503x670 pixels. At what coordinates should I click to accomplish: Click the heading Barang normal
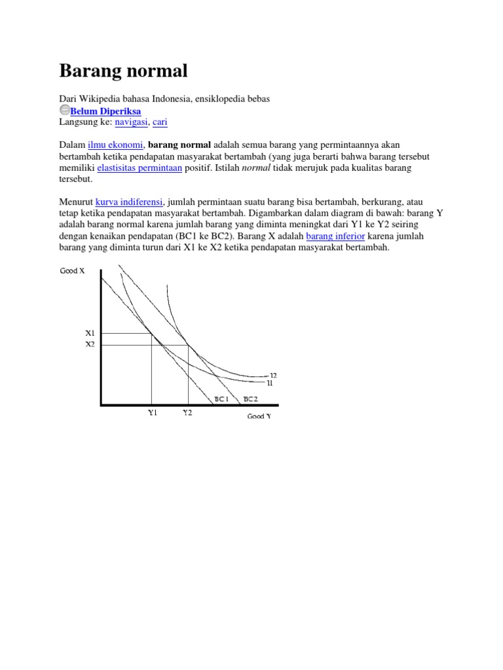[123, 70]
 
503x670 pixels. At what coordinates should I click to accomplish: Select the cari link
[160, 122]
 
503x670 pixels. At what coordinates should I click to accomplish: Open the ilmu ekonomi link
[115, 145]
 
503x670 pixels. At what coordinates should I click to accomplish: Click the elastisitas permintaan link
[140, 167]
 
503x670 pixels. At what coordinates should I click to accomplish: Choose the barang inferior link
[335, 236]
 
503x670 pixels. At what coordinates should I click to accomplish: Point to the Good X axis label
[73, 271]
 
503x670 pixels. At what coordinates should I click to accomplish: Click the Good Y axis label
[259, 416]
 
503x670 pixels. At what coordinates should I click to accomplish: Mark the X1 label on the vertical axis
[90, 333]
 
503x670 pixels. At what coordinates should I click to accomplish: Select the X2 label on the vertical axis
[90, 344]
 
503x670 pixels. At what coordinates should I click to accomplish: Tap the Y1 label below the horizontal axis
[152, 414]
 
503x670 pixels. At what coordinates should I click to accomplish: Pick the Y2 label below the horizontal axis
[187, 414]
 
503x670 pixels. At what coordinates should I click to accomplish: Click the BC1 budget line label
[221, 398]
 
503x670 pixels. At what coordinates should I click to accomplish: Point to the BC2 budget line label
[250, 398]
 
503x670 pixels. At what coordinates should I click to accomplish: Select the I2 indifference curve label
[273, 376]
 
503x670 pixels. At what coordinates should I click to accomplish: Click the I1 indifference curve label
[269, 383]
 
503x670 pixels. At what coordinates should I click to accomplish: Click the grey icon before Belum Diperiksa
[64, 111]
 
